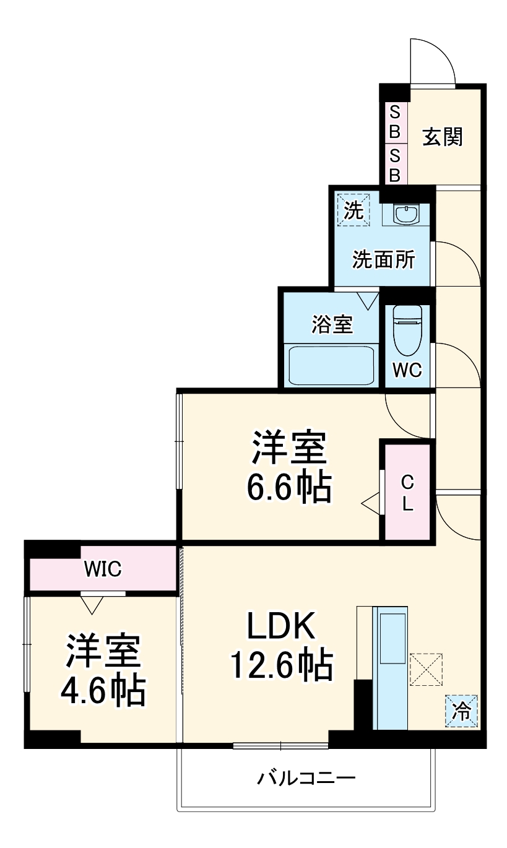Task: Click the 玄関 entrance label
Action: pos(443,137)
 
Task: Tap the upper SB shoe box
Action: pos(394,123)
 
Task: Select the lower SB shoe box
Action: pos(394,165)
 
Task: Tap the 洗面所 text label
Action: pos(384,260)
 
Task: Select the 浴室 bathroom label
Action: pos(332,323)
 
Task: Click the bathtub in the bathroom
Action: pos(332,365)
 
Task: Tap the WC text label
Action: pos(407,370)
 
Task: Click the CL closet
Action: pos(407,491)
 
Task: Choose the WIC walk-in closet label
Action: pos(103,568)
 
